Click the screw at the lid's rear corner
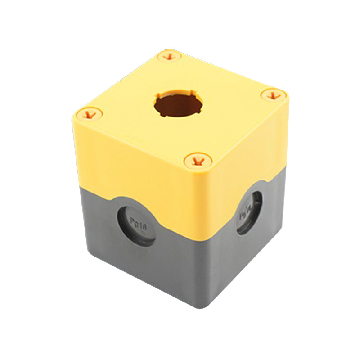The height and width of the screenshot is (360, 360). coord(169,57)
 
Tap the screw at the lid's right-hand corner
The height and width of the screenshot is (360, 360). coord(274,95)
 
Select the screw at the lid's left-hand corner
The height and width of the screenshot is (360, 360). coord(90,114)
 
